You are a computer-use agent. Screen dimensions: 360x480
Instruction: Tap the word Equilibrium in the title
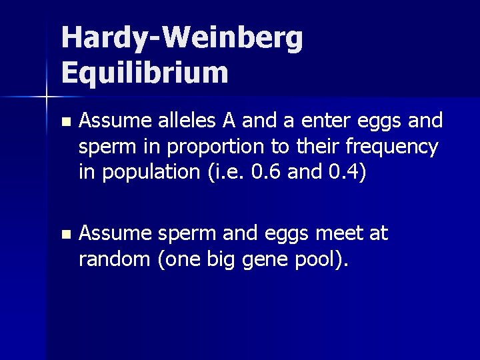coord(145,72)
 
